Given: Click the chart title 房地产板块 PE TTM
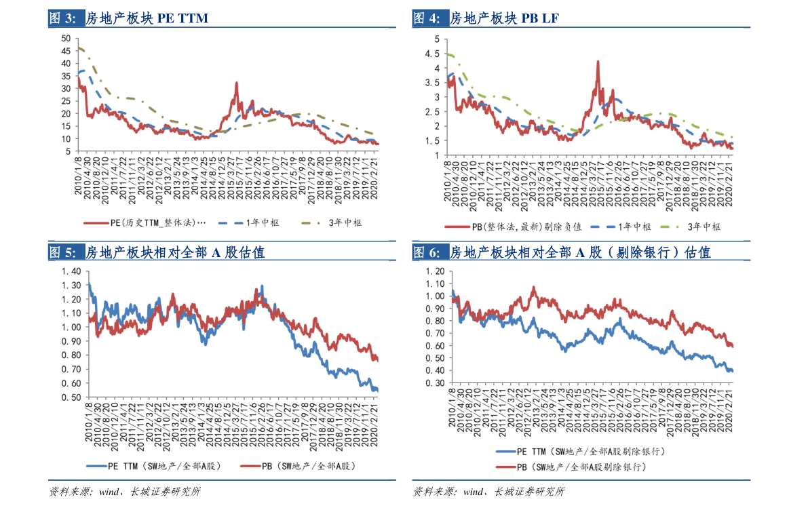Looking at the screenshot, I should [147, 19].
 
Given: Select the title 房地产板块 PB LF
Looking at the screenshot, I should [505, 19].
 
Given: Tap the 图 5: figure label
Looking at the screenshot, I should [62, 253].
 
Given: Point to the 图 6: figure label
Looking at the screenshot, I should [427, 253].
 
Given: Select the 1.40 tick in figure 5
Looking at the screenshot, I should [71, 271].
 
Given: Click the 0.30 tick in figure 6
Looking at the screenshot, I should [435, 383].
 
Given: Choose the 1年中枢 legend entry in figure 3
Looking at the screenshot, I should [261, 222].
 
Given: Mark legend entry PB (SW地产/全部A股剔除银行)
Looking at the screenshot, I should [584, 467].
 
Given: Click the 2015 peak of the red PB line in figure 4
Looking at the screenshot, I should [598, 61].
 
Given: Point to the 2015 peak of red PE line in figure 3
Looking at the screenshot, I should [236, 83].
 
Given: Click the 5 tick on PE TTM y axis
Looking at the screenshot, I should [69, 152].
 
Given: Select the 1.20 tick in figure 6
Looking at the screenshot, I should [435, 271].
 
